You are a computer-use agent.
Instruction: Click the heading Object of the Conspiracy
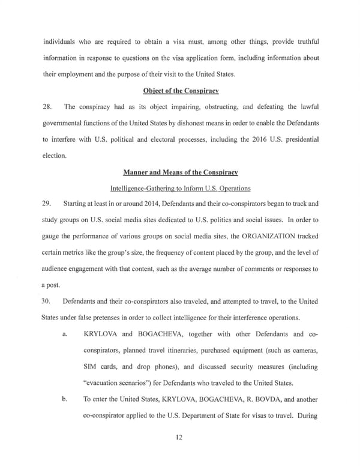(x=180, y=91)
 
